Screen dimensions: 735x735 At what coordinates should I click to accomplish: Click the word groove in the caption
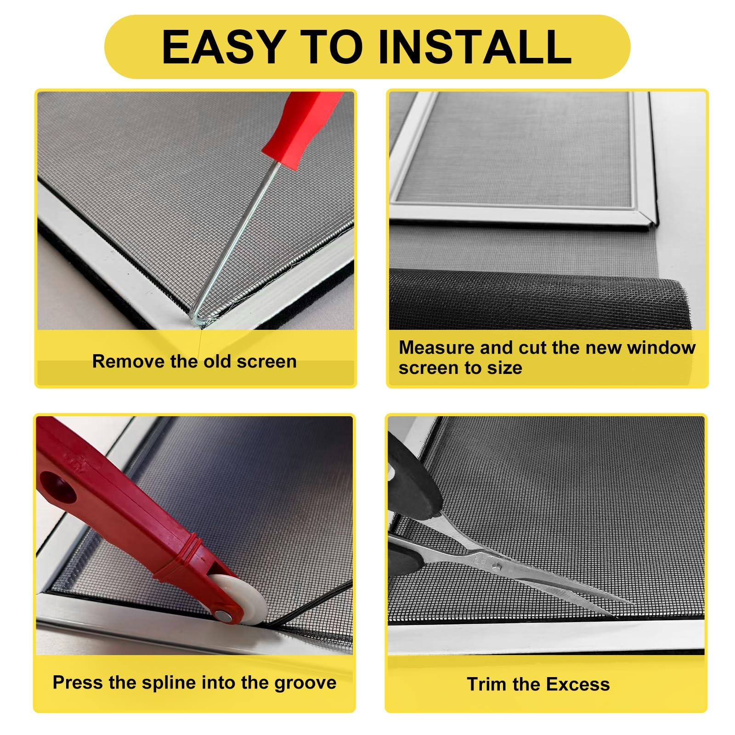[305, 683]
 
